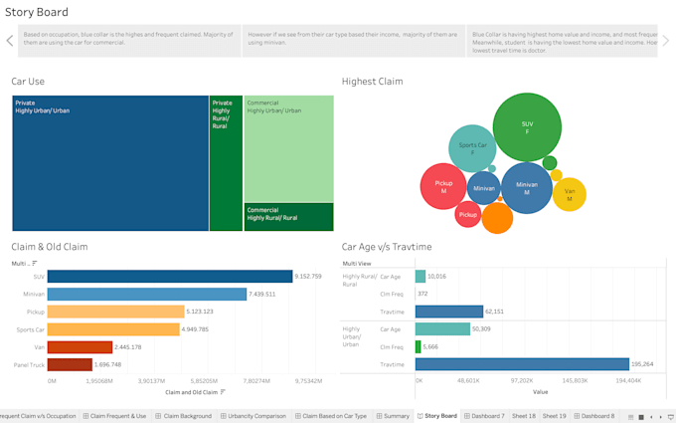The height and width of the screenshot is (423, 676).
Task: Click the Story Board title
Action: pos(37,12)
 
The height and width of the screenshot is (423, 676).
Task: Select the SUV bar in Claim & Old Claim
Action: pos(169,277)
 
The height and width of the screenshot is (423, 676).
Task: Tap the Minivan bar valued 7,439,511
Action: pos(146,295)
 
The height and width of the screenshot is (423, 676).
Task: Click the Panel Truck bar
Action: pos(70,365)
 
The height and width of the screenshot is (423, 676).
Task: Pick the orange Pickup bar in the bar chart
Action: pos(115,312)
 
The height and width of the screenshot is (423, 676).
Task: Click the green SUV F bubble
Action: pos(527,127)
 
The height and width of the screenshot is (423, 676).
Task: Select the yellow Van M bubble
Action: pos(569,195)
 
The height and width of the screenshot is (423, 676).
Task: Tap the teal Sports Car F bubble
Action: pos(472,148)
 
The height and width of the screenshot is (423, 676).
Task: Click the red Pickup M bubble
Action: pos(443,186)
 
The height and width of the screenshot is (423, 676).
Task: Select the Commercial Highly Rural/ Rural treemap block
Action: pos(288,217)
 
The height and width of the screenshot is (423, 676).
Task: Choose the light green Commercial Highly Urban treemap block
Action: pos(288,149)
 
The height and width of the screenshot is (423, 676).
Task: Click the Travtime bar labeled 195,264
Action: pos(522,364)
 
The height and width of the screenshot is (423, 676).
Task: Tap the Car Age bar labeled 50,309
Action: pos(442,329)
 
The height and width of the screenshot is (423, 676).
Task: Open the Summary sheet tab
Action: pos(394,416)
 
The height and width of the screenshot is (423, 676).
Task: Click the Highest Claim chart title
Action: pos(372,82)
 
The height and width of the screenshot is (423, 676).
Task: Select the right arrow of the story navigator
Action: pos(666,41)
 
